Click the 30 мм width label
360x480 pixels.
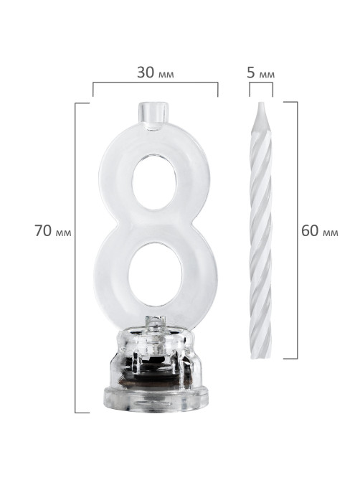point(155,73)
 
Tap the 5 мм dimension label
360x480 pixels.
point(260,73)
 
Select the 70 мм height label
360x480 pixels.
point(52,230)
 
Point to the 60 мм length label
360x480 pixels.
point(320,230)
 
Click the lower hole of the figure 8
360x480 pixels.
point(156,274)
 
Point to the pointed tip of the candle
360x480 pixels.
point(260,103)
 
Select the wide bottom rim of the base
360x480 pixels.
point(155,400)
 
